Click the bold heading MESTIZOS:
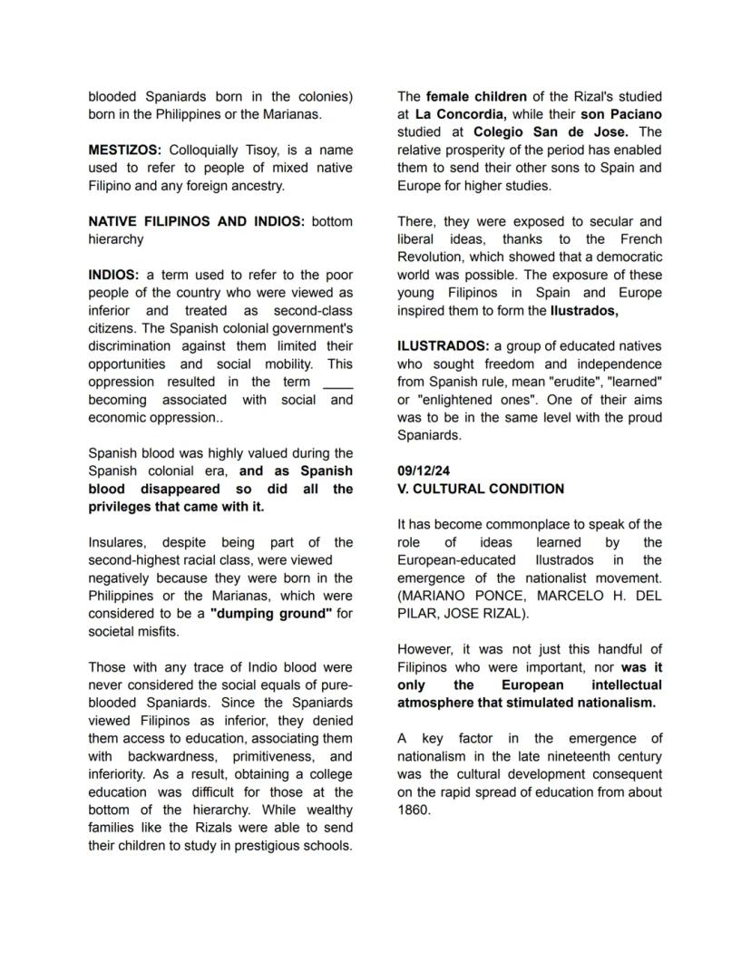pos(125,150)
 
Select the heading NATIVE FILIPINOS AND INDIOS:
pos(197,221)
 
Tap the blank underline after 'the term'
pos(337,382)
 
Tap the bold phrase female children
pos(475,96)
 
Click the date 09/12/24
pos(424,471)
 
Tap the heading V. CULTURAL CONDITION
pos(480,489)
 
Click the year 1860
pos(414,810)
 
